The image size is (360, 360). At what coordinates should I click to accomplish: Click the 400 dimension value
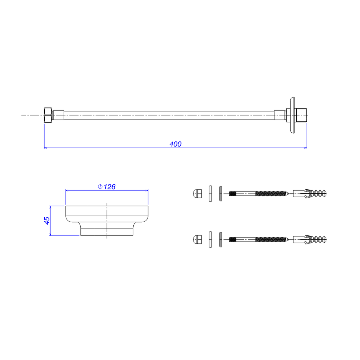(x=175, y=144)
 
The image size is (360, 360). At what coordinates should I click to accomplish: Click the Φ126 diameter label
(x=106, y=187)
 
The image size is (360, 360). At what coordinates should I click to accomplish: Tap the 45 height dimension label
(x=46, y=221)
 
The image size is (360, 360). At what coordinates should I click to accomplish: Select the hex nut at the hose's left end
(x=48, y=115)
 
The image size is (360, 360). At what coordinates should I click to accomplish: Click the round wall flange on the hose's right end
(x=292, y=115)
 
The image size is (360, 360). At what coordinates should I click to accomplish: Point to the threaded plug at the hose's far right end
(x=302, y=115)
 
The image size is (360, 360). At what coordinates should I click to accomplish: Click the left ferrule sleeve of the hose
(x=58, y=115)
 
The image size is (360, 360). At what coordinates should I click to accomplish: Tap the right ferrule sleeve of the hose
(x=280, y=115)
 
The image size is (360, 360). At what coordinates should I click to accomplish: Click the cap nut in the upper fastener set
(x=198, y=194)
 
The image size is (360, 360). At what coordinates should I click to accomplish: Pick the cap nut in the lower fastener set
(x=198, y=239)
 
